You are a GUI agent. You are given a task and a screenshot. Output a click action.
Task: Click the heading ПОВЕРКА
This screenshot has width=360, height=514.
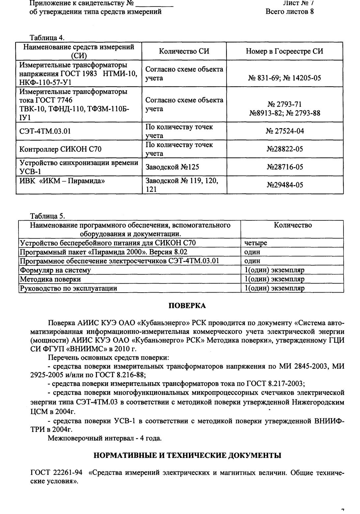pyautogui.click(x=187, y=306)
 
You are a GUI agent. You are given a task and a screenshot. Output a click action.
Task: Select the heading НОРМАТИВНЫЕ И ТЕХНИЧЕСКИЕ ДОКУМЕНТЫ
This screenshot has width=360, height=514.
pyautogui.click(x=187, y=456)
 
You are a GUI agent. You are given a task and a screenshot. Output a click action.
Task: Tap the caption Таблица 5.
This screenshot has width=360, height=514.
pyautogui.click(x=47, y=216)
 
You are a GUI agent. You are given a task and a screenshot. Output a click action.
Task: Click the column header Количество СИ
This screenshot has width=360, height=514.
pyautogui.click(x=184, y=51)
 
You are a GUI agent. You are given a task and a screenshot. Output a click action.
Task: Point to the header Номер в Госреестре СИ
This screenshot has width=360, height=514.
pyautogui.click(x=284, y=51)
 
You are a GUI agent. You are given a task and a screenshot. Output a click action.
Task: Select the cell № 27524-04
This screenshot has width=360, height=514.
pyautogui.click(x=285, y=131)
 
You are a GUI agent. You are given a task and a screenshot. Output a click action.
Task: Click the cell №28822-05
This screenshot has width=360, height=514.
pyautogui.click(x=285, y=149)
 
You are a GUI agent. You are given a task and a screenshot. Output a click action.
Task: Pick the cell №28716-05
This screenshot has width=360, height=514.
pyautogui.click(x=285, y=167)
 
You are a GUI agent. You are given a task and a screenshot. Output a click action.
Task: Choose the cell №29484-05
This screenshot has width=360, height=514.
pyautogui.click(x=285, y=185)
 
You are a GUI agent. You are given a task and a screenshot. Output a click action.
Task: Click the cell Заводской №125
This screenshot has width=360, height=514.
pyautogui.click(x=172, y=167)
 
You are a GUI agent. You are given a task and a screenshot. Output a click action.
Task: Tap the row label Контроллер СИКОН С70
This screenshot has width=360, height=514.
pyautogui.click(x=61, y=149)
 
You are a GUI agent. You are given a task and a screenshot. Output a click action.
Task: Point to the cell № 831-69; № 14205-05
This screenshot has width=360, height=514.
pyautogui.click(x=285, y=78)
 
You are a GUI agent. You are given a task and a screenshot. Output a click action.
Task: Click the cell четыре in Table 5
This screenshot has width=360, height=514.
pyautogui.click(x=256, y=243)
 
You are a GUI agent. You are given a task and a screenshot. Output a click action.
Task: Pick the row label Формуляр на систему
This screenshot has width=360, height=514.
pyautogui.click(x=55, y=270)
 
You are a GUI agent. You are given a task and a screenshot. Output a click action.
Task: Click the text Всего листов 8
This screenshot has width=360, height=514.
pyautogui.click(x=289, y=12)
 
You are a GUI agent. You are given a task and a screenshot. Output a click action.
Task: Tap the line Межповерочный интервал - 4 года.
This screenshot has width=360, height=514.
pyautogui.click(x=105, y=438)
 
